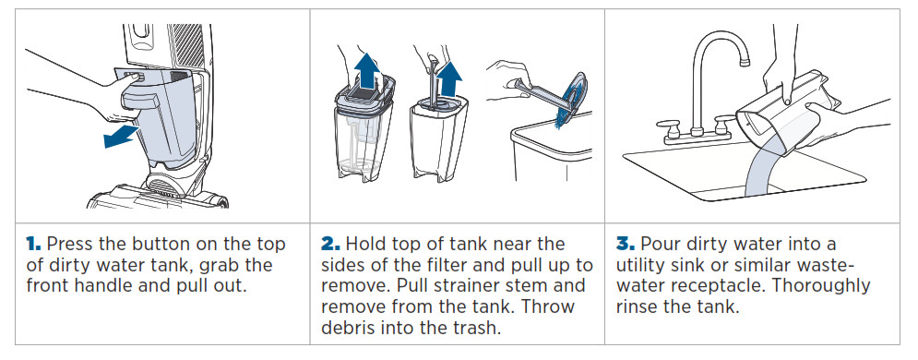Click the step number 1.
(33, 244)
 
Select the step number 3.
(626, 244)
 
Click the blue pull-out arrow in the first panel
(121, 137)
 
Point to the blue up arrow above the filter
(367, 69)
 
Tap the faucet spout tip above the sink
(745, 62)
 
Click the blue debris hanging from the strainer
(562, 113)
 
